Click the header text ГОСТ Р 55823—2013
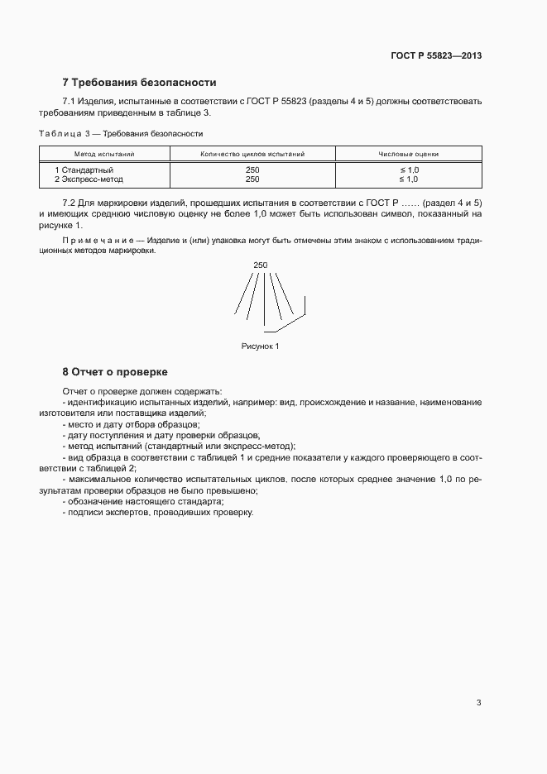(x=436, y=56)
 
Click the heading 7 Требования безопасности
(x=139, y=83)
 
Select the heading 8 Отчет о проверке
(x=115, y=371)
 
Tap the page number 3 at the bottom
(x=478, y=703)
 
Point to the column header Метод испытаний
(x=104, y=154)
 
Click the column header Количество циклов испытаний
(x=252, y=154)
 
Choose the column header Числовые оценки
(x=408, y=154)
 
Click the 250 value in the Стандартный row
(x=252, y=170)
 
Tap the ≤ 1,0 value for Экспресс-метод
(x=409, y=179)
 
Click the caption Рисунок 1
(x=261, y=346)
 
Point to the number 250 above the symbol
(x=261, y=265)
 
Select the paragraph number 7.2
(x=70, y=203)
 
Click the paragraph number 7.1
(x=70, y=102)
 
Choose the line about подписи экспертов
(x=157, y=513)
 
